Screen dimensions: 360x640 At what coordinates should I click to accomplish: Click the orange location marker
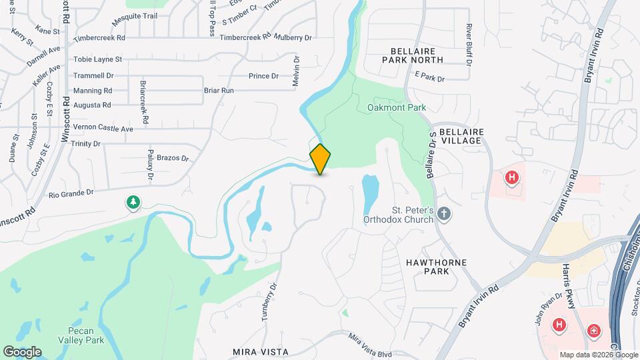(321, 159)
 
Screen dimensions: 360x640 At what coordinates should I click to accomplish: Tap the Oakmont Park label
(396, 107)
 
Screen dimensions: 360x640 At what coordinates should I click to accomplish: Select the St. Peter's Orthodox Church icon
(444, 214)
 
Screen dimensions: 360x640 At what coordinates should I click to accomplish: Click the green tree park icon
(133, 202)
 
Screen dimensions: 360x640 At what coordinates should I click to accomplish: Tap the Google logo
(22, 352)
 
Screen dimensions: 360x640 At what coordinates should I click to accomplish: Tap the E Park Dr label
(429, 79)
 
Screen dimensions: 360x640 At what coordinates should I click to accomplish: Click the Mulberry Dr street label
(293, 38)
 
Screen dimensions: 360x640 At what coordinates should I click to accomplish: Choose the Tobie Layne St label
(97, 60)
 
